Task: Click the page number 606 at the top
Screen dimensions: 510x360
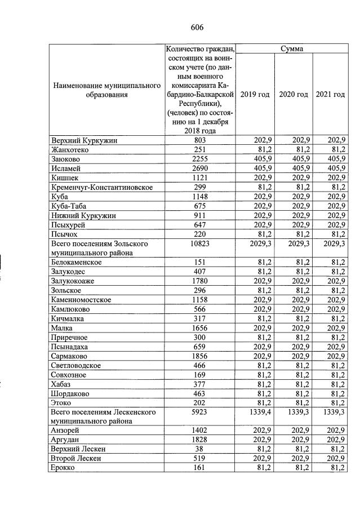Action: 197,28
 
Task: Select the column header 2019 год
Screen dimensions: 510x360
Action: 255,94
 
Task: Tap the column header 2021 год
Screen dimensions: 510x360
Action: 330,94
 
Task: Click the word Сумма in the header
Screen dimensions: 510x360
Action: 292,49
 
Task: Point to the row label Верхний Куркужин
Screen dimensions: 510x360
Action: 84,140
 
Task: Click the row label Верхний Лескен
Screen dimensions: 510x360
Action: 78,449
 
